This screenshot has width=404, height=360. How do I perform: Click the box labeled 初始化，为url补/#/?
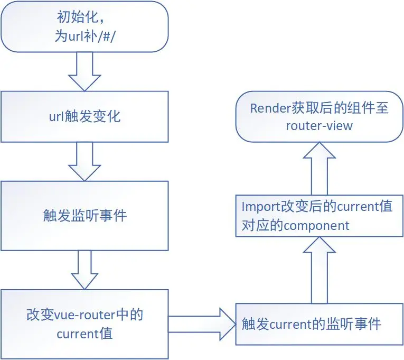[84, 26]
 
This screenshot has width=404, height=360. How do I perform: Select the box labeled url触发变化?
[84, 116]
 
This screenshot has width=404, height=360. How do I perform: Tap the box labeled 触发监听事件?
[84, 216]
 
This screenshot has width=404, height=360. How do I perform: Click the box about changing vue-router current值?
[84, 324]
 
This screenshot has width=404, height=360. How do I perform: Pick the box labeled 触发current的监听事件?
[319, 324]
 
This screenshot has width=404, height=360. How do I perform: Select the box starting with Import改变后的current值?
[319, 216]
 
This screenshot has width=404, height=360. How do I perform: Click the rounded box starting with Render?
[319, 116]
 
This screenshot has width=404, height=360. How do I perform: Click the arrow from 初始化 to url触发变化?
[84, 71]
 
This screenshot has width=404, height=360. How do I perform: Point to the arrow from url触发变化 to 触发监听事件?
[84, 161]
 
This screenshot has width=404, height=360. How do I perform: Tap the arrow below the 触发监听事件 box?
[84, 269]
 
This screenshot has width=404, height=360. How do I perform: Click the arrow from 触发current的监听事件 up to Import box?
[319, 270]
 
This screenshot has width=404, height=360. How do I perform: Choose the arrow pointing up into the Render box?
[319, 168]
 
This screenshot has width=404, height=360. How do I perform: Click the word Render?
[268, 108]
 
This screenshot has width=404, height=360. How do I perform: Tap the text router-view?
[318, 126]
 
